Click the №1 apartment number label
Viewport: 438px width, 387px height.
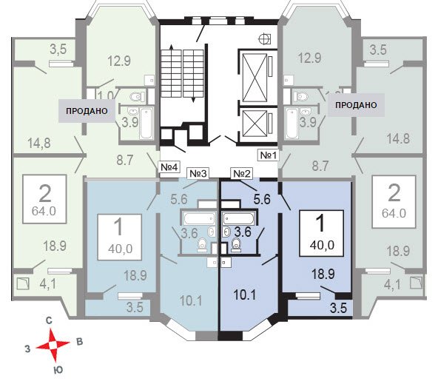(x=268, y=155)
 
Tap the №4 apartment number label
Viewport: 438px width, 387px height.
(x=169, y=167)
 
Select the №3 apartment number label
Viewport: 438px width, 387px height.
(x=198, y=173)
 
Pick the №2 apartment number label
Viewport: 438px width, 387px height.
(x=241, y=174)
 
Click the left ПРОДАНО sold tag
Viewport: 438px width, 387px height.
(x=87, y=111)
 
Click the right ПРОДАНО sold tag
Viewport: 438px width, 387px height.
(x=356, y=105)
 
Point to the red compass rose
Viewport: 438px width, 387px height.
(x=53, y=345)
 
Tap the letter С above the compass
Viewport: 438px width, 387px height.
(x=49, y=321)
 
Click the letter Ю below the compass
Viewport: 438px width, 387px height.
(x=58, y=370)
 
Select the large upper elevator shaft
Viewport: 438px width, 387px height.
(x=255, y=78)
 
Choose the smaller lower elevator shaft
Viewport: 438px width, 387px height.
(x=255, y=124)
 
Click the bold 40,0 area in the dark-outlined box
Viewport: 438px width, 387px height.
(x=322, y=245)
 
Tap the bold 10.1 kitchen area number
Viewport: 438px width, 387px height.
(x=245, y=295)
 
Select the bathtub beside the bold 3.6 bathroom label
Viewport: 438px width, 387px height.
(x=239, y=218)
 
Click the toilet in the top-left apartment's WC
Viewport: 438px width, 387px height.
(x=136, y=97)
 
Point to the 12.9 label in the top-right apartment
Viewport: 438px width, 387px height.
(x=310, y=58)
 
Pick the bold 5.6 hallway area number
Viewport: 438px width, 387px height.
(x=262, y=199)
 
